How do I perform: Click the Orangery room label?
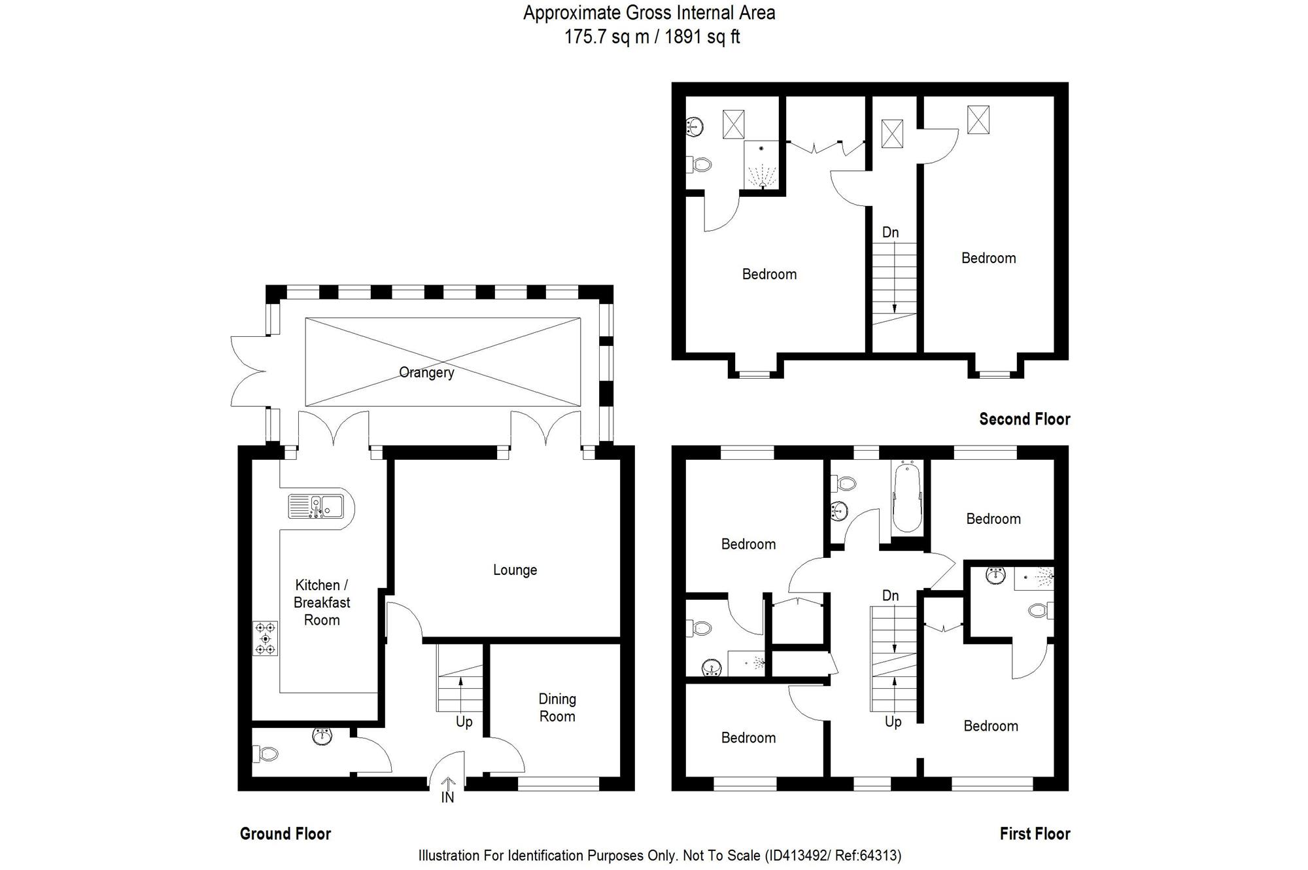426,372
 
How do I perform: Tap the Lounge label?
515,570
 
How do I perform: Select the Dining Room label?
557,708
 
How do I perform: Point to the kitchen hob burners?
266,638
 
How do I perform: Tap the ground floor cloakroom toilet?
266,754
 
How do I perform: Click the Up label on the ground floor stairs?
464,722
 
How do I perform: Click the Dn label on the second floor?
890,232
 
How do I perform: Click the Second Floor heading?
1024,419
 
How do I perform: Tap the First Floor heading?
1035,833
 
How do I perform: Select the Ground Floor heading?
285,833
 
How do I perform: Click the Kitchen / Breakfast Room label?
322,602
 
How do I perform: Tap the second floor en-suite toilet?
698,164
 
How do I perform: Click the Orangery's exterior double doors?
249,372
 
